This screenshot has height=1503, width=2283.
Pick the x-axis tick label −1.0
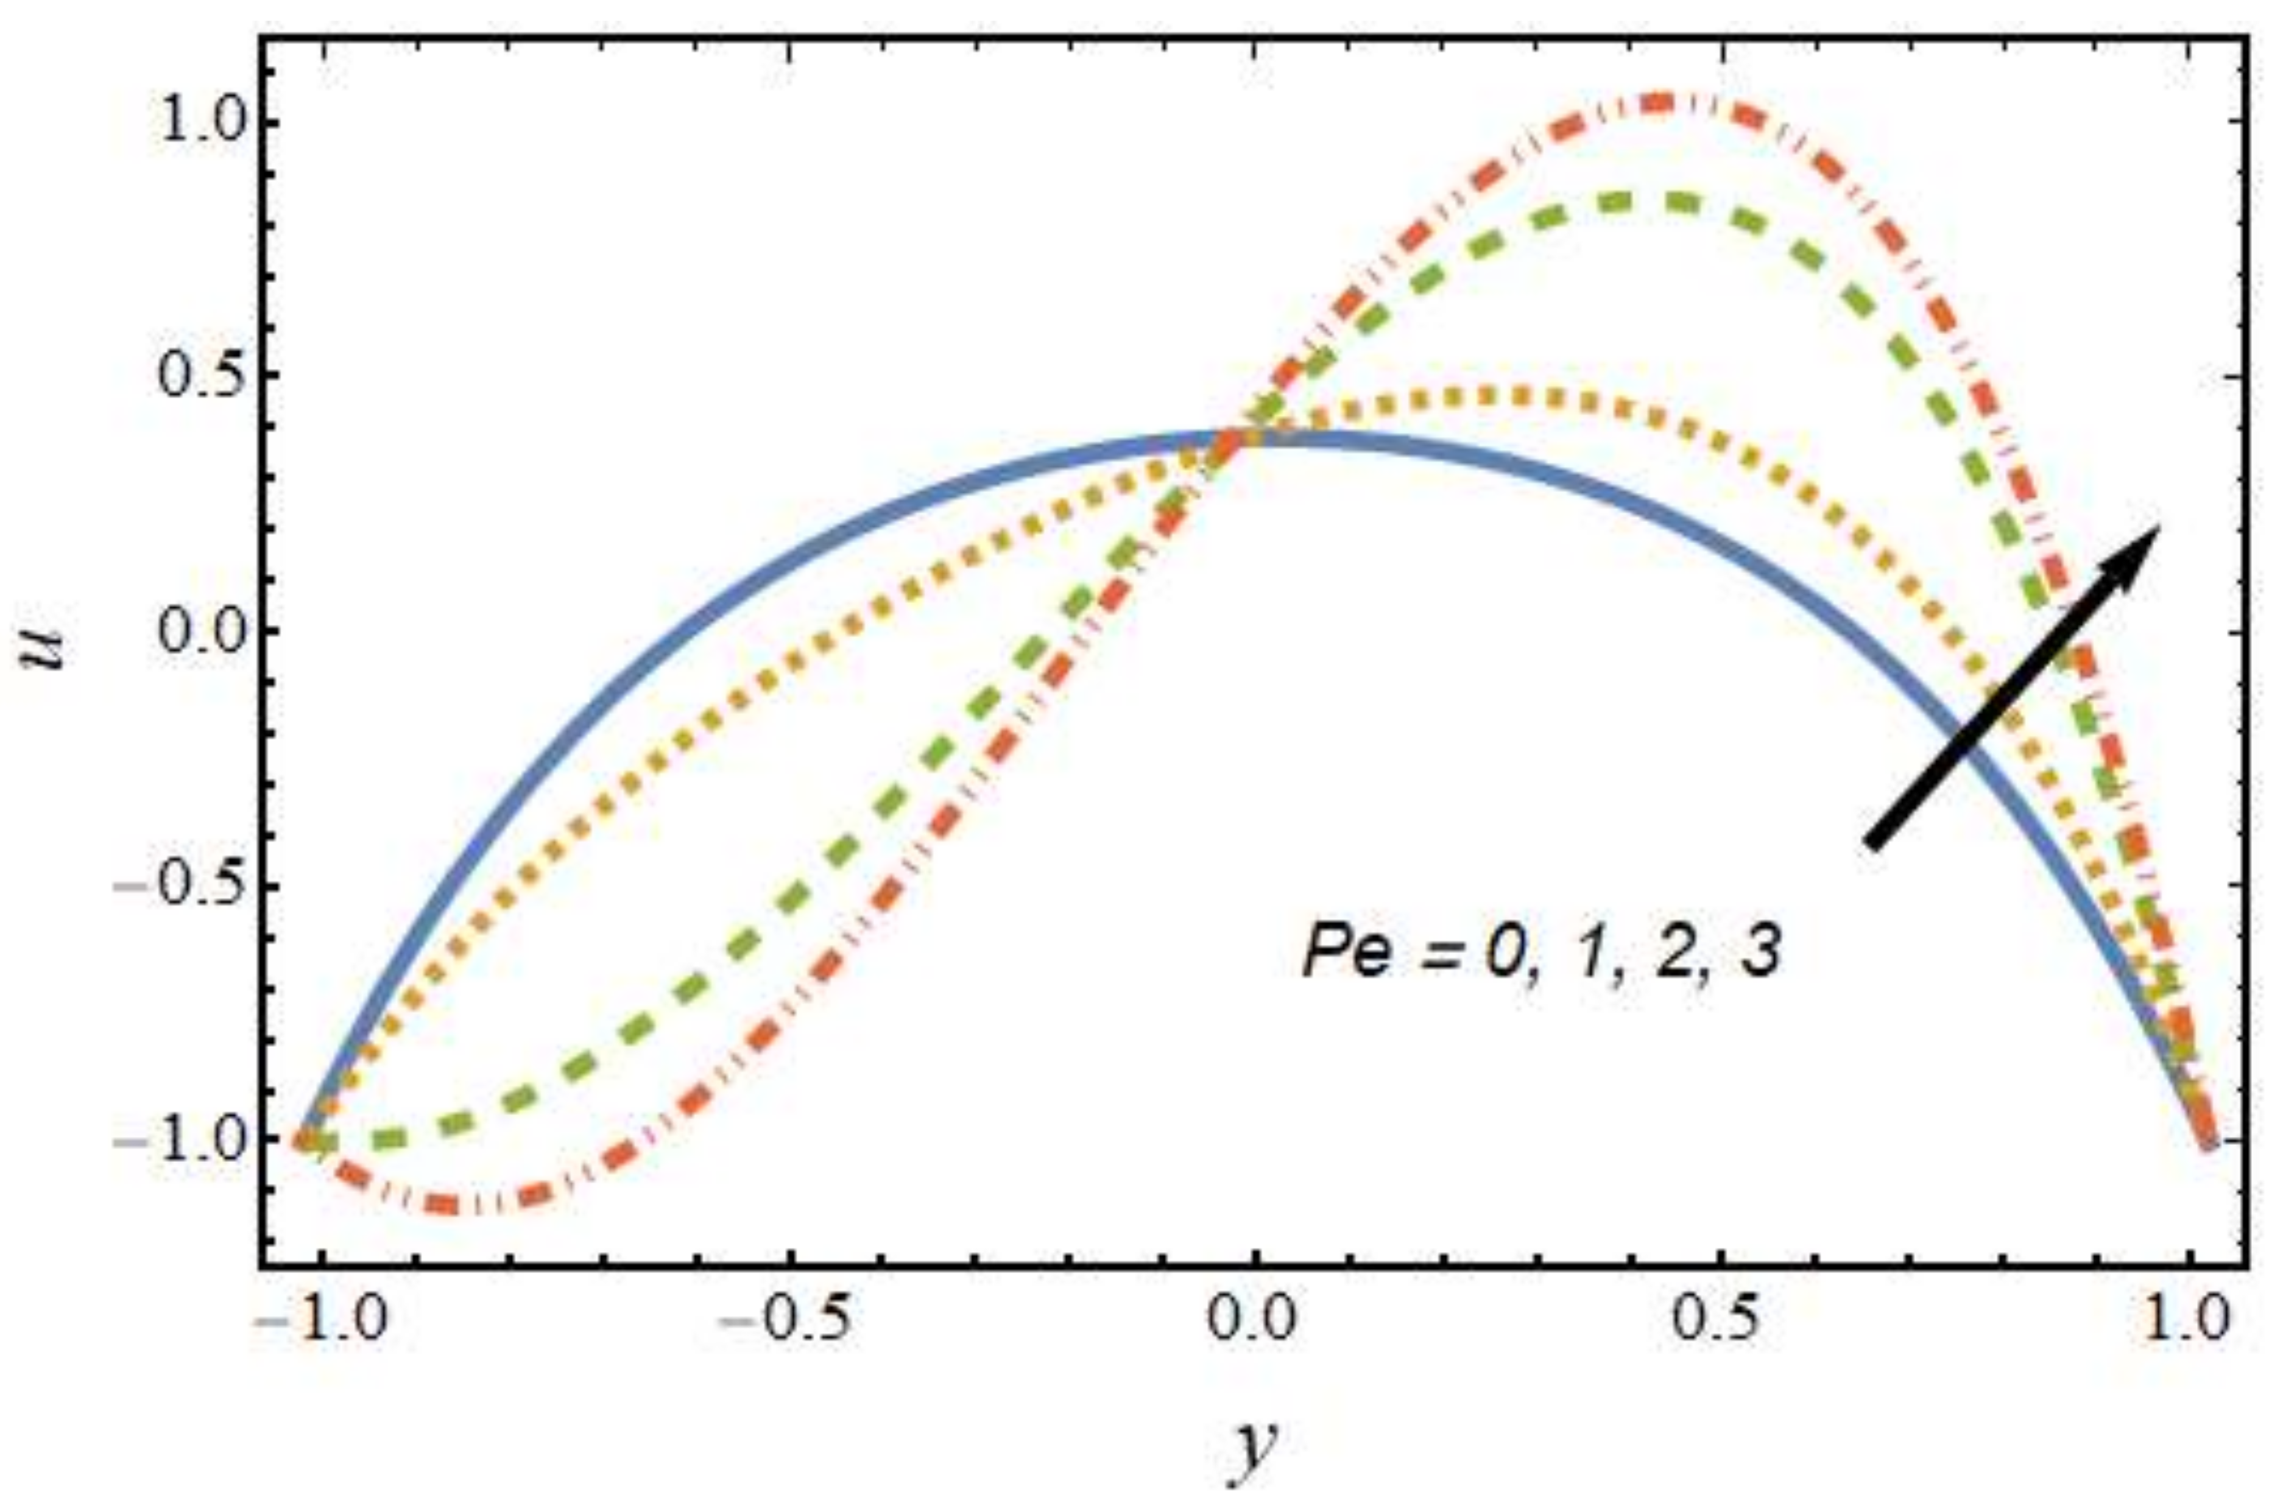[322, 1322]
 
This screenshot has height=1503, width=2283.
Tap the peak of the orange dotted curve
[1497, 395]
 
